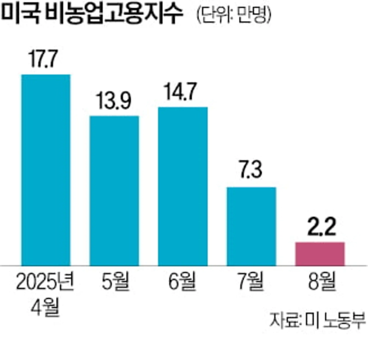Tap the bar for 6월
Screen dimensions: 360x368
coord(183,186)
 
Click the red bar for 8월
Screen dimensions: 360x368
coord(320,253)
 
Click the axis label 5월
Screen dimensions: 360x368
coord(114,281)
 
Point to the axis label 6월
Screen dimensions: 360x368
coord(183,281)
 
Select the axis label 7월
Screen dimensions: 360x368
coord(252,281)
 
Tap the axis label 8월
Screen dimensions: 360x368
coord(320,281)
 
